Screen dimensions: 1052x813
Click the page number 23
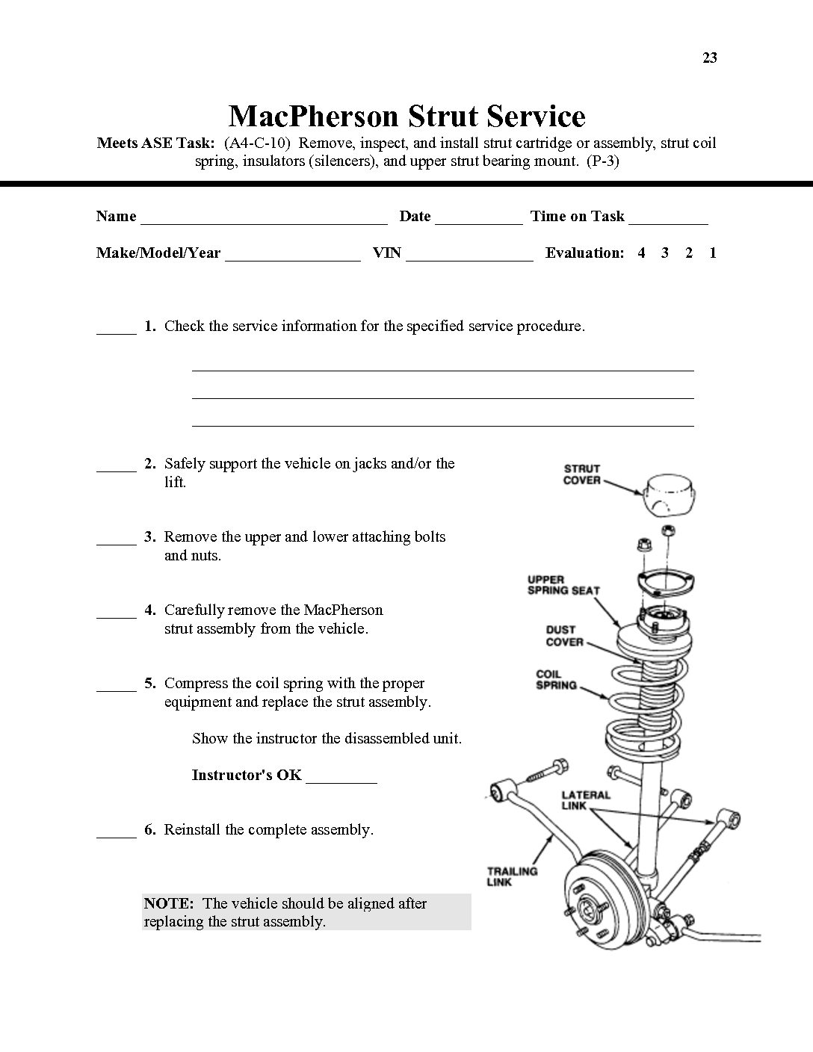point(709,58)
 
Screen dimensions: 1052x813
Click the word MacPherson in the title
point(312,117)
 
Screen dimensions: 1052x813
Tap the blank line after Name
point(264,221)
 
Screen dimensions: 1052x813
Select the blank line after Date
point(478,221)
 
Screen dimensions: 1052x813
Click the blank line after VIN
point(469,258)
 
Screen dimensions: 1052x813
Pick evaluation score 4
point(641,253)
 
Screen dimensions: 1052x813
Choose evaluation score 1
point(713,253)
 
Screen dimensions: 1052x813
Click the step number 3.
point(150,536)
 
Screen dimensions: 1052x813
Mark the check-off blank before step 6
point(117,835)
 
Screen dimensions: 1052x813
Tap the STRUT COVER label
point(582,474)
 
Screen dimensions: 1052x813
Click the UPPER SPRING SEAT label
point(563,585)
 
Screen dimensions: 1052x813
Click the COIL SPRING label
point(557,680)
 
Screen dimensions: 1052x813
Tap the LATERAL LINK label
point(586,801)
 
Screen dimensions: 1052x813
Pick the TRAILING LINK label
point(512,876)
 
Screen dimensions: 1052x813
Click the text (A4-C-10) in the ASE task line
point(257,143)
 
